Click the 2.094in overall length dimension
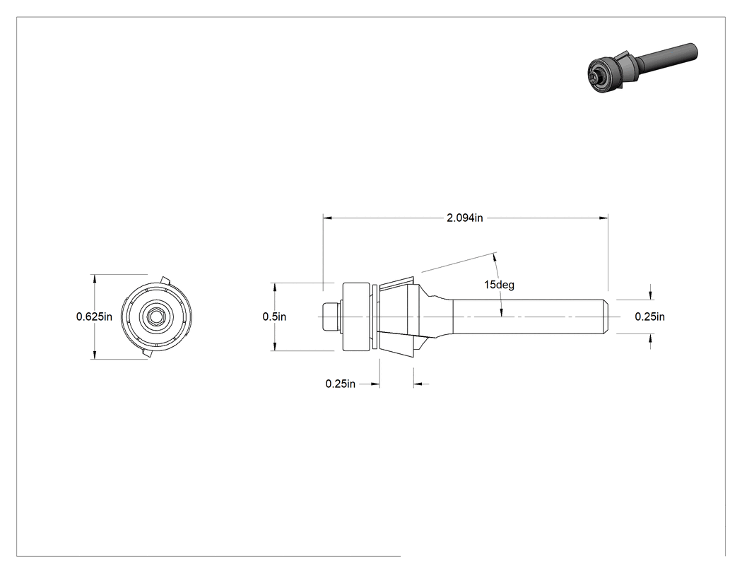pyautogui.click(x=465, y=218)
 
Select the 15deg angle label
pyautogui.click(x=499, y=284)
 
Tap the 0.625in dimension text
pyautogui.click(x=94, y=317)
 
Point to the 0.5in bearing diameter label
pyautogui.click(x=274, y=317)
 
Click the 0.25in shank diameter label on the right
pyautogui.click(x=649, y=317)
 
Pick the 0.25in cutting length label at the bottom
pyautogui.click(x=340, y=384)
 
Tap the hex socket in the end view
pyautogui.click(x=155, y=317)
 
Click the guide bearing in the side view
pyautogui.click(x=356, y=317)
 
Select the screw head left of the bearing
pyautogui.click(x=330, y=317)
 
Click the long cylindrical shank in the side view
pyautogui.click(x=530, y=317)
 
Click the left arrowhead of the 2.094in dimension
pyautogui.click(x=327, y=218)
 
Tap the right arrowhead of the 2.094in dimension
pyautogui.click(x=603, y=218)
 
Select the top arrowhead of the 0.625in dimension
pyautogui.click(x=95, y=278)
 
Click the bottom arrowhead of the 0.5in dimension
pyautogui.click(x=274, y=347)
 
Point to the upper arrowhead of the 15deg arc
pyautogui.click(x=495, y=257)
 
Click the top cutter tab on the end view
pyautogui.click(x=165, y=280)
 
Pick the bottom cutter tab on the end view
pyautogui.click(x=146, y=353)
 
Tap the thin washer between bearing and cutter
pyautogui.click(x=375, y=317)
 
